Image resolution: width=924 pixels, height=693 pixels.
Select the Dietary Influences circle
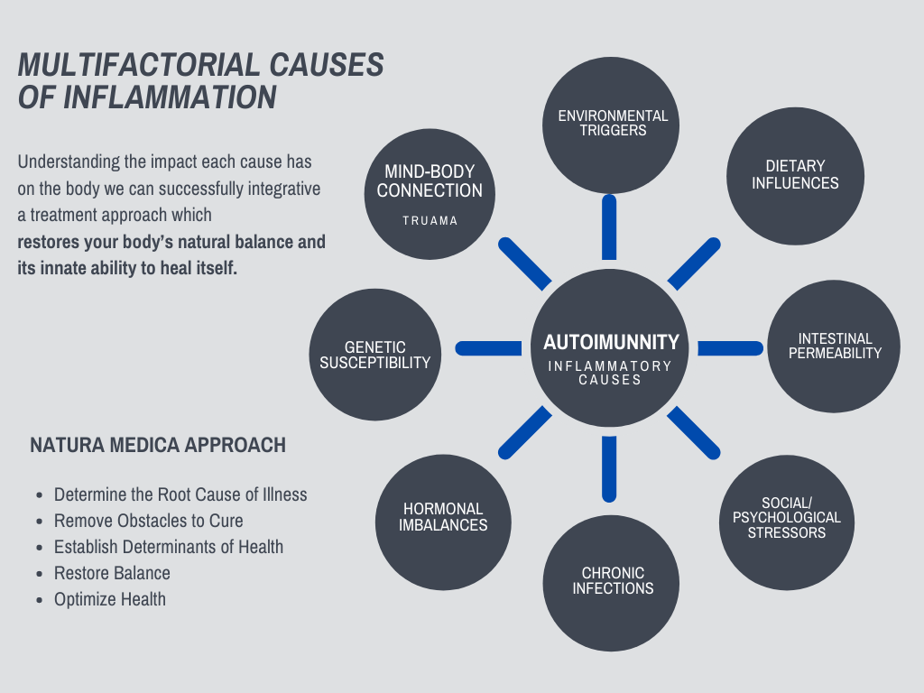(795, 177)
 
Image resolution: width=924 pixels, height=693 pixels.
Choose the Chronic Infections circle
(611, 583)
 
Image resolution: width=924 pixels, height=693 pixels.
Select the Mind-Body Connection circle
(430, 193)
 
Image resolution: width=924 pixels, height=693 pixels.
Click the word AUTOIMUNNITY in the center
(611, 343)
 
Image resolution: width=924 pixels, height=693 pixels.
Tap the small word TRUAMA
(430, 221)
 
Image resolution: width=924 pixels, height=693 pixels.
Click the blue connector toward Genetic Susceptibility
(488, 348)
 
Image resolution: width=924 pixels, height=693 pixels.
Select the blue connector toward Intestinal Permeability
(731, 348)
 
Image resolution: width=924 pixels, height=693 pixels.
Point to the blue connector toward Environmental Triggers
(609, 226)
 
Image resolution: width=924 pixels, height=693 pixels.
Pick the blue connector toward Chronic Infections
(609, 468)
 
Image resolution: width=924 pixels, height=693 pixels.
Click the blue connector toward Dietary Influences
(694, 263)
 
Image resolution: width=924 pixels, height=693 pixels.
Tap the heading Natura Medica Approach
(158, 445)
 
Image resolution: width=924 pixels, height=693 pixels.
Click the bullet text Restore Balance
(112, 573)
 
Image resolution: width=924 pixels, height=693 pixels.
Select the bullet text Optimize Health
(110, 599)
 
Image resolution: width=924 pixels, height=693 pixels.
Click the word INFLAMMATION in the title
(171, 97)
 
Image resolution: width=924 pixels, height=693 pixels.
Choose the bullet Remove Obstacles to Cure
(148, 521)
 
